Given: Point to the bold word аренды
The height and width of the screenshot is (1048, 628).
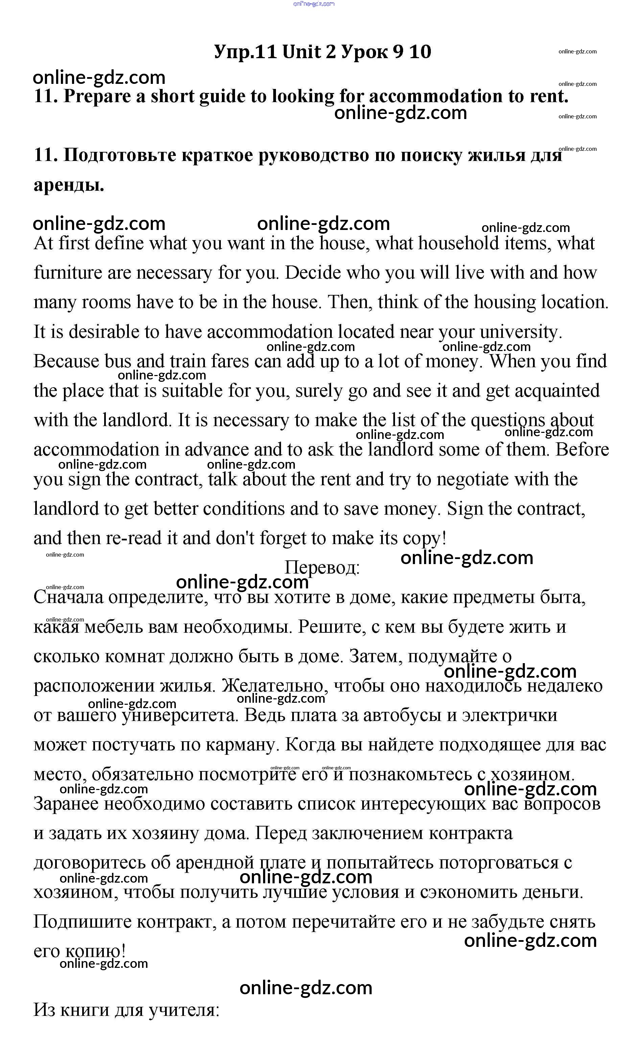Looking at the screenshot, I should tap(69, 185).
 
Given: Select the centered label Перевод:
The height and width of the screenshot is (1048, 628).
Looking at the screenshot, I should tap(322, 567).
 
